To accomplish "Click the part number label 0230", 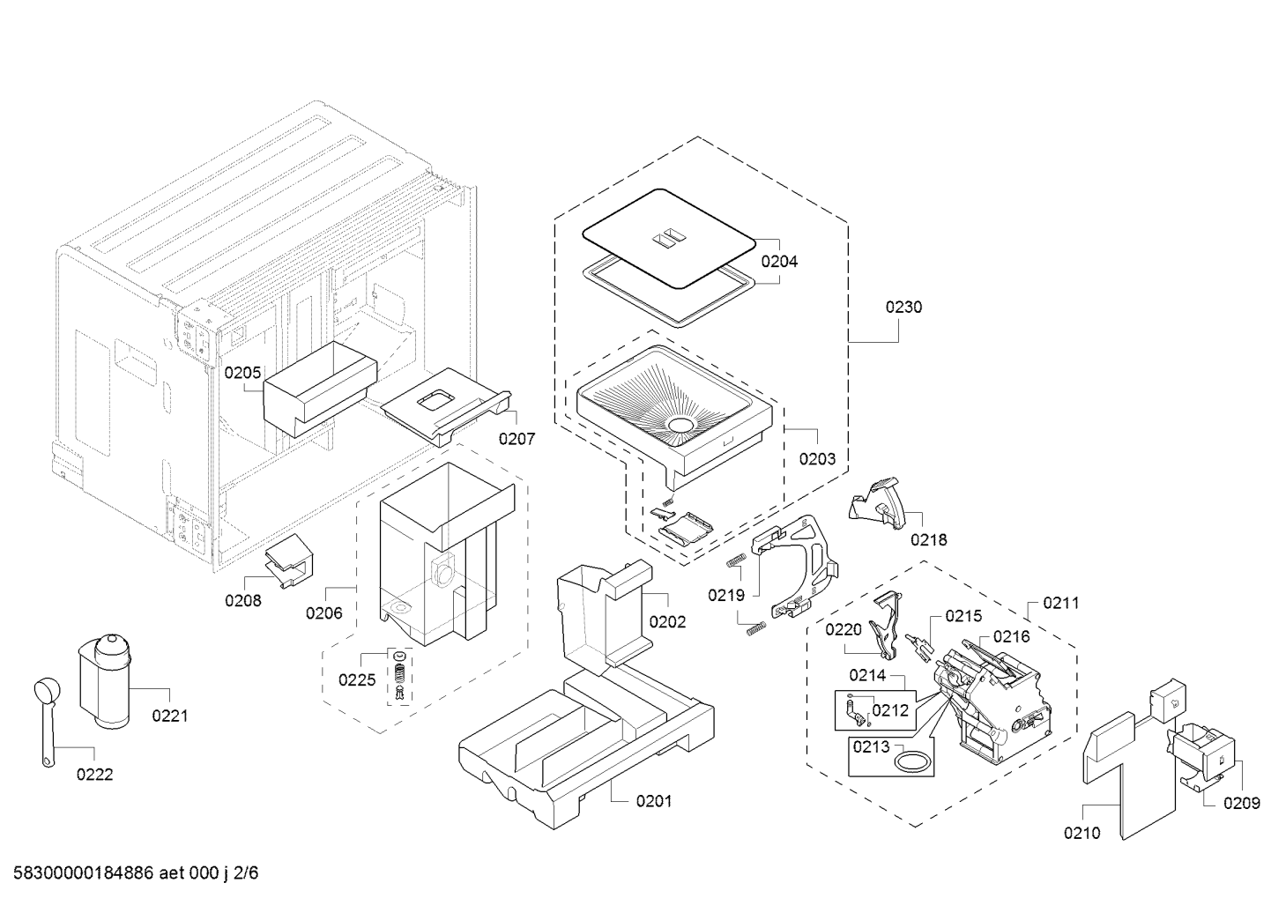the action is click(x=903, y=307).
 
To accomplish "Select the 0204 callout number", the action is click(x=779, y=262).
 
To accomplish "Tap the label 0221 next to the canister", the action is click(x=169, y=716).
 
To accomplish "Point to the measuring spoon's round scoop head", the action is click(x=43, y=691).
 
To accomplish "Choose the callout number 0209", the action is click(x=1242, y=803).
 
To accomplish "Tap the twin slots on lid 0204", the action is click(x=670, y=239).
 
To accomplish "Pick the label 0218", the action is click(x=929, y=539).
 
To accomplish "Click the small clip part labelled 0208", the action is click(x=289, y=560).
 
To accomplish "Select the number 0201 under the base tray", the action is click(x=654, y=801).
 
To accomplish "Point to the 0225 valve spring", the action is click(x=400, y=674).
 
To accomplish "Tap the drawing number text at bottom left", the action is click(x=136, y=872).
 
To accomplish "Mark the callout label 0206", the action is click(x=324, y=613).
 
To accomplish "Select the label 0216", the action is click(x=1011, y=636).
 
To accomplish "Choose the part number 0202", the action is click(x=667, y=622).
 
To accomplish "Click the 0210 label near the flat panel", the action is click(x=1082, y=833).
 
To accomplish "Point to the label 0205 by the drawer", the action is click(x=243, y=373).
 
